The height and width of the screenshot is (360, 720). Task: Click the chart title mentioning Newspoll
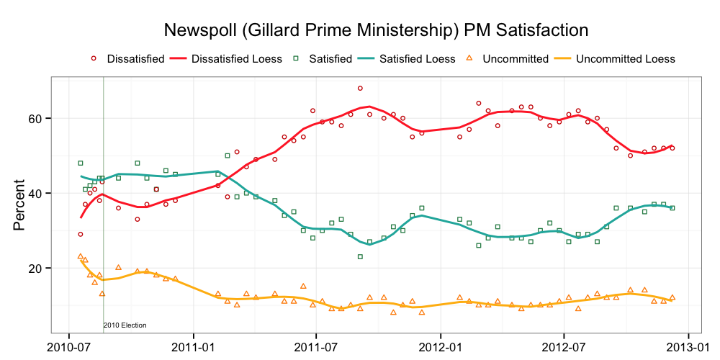(377, 30)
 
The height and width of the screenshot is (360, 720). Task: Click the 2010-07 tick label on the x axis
(68, 347)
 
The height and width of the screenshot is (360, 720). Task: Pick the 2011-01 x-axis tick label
(194, 347)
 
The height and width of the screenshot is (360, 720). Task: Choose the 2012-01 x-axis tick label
(441, 347)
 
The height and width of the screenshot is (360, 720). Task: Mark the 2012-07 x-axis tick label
(564, 347)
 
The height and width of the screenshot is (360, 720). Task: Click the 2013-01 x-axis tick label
(688, 347)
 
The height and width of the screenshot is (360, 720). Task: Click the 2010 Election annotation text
(125, 325)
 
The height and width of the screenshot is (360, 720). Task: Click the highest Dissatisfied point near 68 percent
(360, 88)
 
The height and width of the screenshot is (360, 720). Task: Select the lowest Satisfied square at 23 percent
(360, 256)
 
